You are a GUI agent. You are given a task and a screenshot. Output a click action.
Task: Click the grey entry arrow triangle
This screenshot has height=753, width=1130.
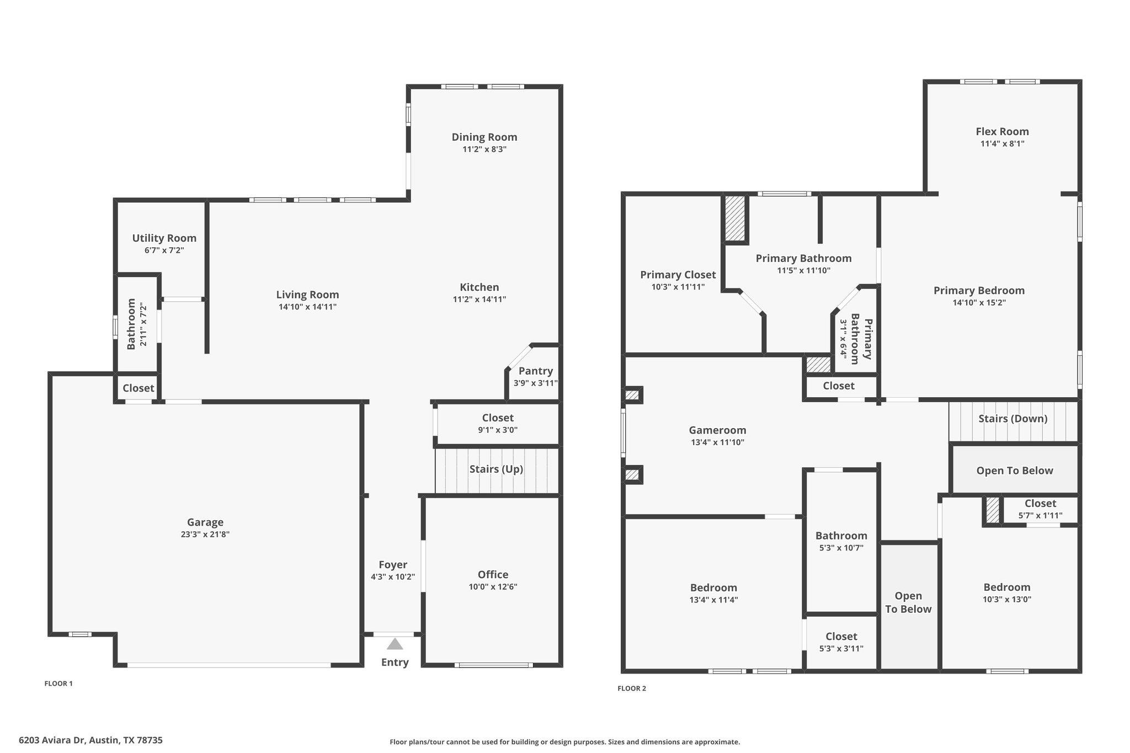pyautogui.click(x=395, y=644)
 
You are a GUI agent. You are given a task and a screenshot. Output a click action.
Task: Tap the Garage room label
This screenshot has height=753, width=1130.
pyautogui.click(x=205, y=522)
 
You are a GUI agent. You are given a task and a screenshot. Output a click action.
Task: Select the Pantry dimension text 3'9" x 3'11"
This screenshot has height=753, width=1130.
pyautogui.click(x=535, y=383)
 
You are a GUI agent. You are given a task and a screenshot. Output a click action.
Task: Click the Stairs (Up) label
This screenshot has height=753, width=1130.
pyautogui.click(x=496, y=469)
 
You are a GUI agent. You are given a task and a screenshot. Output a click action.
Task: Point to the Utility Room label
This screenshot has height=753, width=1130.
pyautogui.click(x=164, y=238)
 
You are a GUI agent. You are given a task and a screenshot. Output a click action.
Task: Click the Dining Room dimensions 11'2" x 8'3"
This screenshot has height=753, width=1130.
pyautogui.click(x=484, y=149)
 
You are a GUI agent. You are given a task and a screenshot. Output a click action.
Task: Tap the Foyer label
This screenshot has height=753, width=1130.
pyautogui.click(x=393, y=564)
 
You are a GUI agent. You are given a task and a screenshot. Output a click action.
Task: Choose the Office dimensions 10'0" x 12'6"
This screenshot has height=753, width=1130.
pyautogui.click(x=493, y=586)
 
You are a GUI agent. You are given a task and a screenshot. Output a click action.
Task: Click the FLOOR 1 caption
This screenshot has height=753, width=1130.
pyautogui.click(x=58, y=683)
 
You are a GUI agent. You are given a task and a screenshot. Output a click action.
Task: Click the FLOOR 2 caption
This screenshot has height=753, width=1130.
pyautogui.click(x=632, y=688)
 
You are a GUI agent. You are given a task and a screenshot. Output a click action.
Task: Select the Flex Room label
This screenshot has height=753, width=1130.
pyautogui.click(x=1002, y=131)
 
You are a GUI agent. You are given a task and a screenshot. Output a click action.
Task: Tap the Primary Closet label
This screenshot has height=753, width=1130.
pyautogui.click(x=678, y=275)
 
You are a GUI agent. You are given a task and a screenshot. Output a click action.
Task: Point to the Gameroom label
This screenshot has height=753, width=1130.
pyautogui.click(x=717, y=430)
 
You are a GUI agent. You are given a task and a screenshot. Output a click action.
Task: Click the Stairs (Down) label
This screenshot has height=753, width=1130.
pyautogui.click(x=1012, y=418)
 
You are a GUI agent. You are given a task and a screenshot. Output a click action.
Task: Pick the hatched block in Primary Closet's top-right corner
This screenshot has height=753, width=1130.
pyautogui.click(x=735, y=218)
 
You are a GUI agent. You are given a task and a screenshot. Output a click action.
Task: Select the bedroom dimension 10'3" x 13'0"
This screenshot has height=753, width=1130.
pyautogui.click(x=1006, y=599)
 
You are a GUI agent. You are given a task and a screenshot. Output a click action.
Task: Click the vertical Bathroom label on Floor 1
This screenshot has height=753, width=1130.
pyautogui.click(x=131, y=324)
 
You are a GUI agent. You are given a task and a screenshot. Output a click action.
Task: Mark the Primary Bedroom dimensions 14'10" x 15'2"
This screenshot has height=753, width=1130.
pyautogui.click(x=979, y=302)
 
